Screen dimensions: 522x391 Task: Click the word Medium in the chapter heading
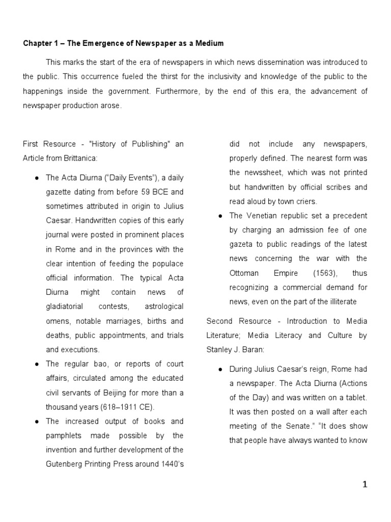pos(209,43)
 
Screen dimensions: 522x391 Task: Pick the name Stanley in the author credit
pos(219,350)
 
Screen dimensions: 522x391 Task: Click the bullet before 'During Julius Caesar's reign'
pos(218,369)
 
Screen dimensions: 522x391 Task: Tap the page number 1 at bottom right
pos(365,485)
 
